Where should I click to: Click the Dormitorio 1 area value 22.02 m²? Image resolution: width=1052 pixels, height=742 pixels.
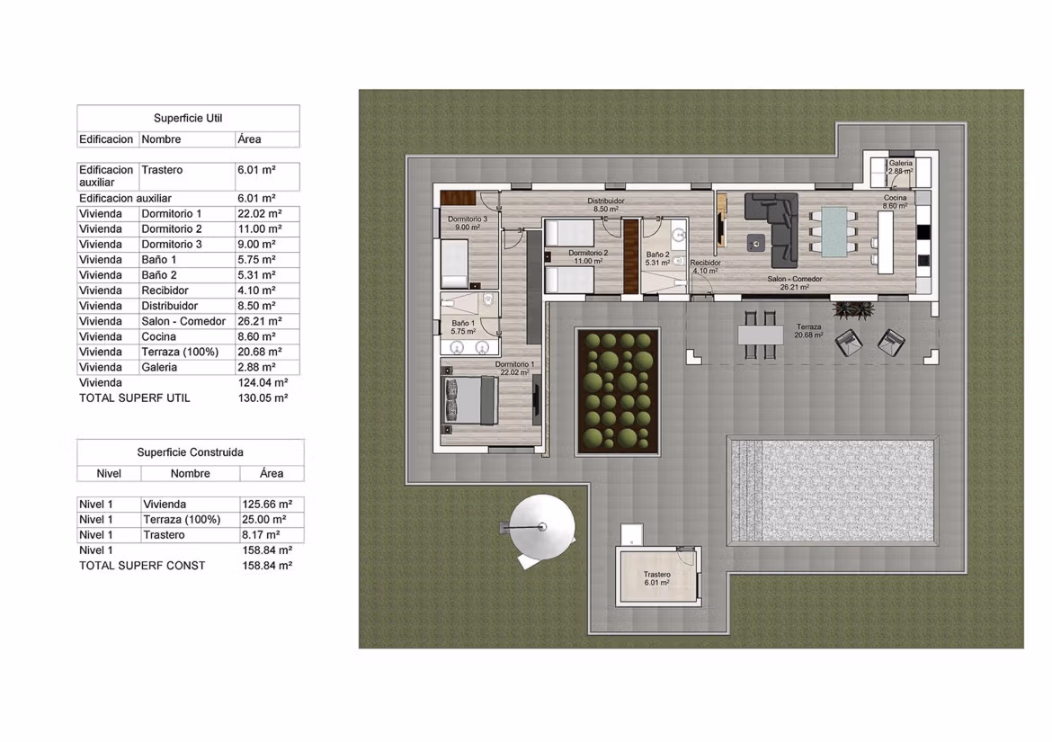coord(260,214)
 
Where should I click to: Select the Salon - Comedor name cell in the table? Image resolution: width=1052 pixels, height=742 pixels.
coord(183,321)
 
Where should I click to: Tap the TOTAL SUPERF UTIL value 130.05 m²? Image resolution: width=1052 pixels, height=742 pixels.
coord(263,398)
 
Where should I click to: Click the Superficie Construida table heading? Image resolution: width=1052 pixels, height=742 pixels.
coord(190,452)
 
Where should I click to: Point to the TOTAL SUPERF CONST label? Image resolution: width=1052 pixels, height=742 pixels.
coord(142,566)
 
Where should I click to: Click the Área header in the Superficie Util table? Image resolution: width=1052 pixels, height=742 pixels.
coord(250,139)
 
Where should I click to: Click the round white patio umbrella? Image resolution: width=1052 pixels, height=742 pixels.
coord(542,527)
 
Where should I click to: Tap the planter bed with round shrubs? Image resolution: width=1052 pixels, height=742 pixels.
coord(618,392)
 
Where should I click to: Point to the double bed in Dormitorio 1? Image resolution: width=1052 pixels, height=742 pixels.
coord(469,400)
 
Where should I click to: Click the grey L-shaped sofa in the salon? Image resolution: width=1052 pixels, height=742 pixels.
coord(774,228)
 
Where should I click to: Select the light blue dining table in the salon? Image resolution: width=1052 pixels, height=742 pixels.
coord(834,232)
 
